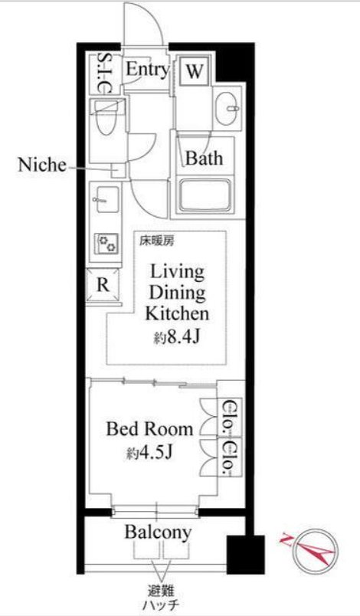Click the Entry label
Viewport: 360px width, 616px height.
[x=147, y=70]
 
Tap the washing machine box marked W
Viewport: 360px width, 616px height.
[x=195, y=72]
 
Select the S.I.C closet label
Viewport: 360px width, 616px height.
[x=103, y=73]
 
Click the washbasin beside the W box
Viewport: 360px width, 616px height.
[x=227, y=107]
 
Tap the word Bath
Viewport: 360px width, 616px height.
[x=204, y=158]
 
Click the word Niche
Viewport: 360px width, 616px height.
[x=42, y=165]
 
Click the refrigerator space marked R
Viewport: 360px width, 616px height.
[x=103, y=285]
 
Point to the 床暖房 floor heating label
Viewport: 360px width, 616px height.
[x=155, y=241]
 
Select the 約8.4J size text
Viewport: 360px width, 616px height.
[x=178, y=336]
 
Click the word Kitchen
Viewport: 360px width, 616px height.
[x=177, y=313]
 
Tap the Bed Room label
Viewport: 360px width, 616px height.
[x=149, y=428]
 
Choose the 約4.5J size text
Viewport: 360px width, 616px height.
[x=149, y=453]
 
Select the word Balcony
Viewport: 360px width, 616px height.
[x=159, y=532]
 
